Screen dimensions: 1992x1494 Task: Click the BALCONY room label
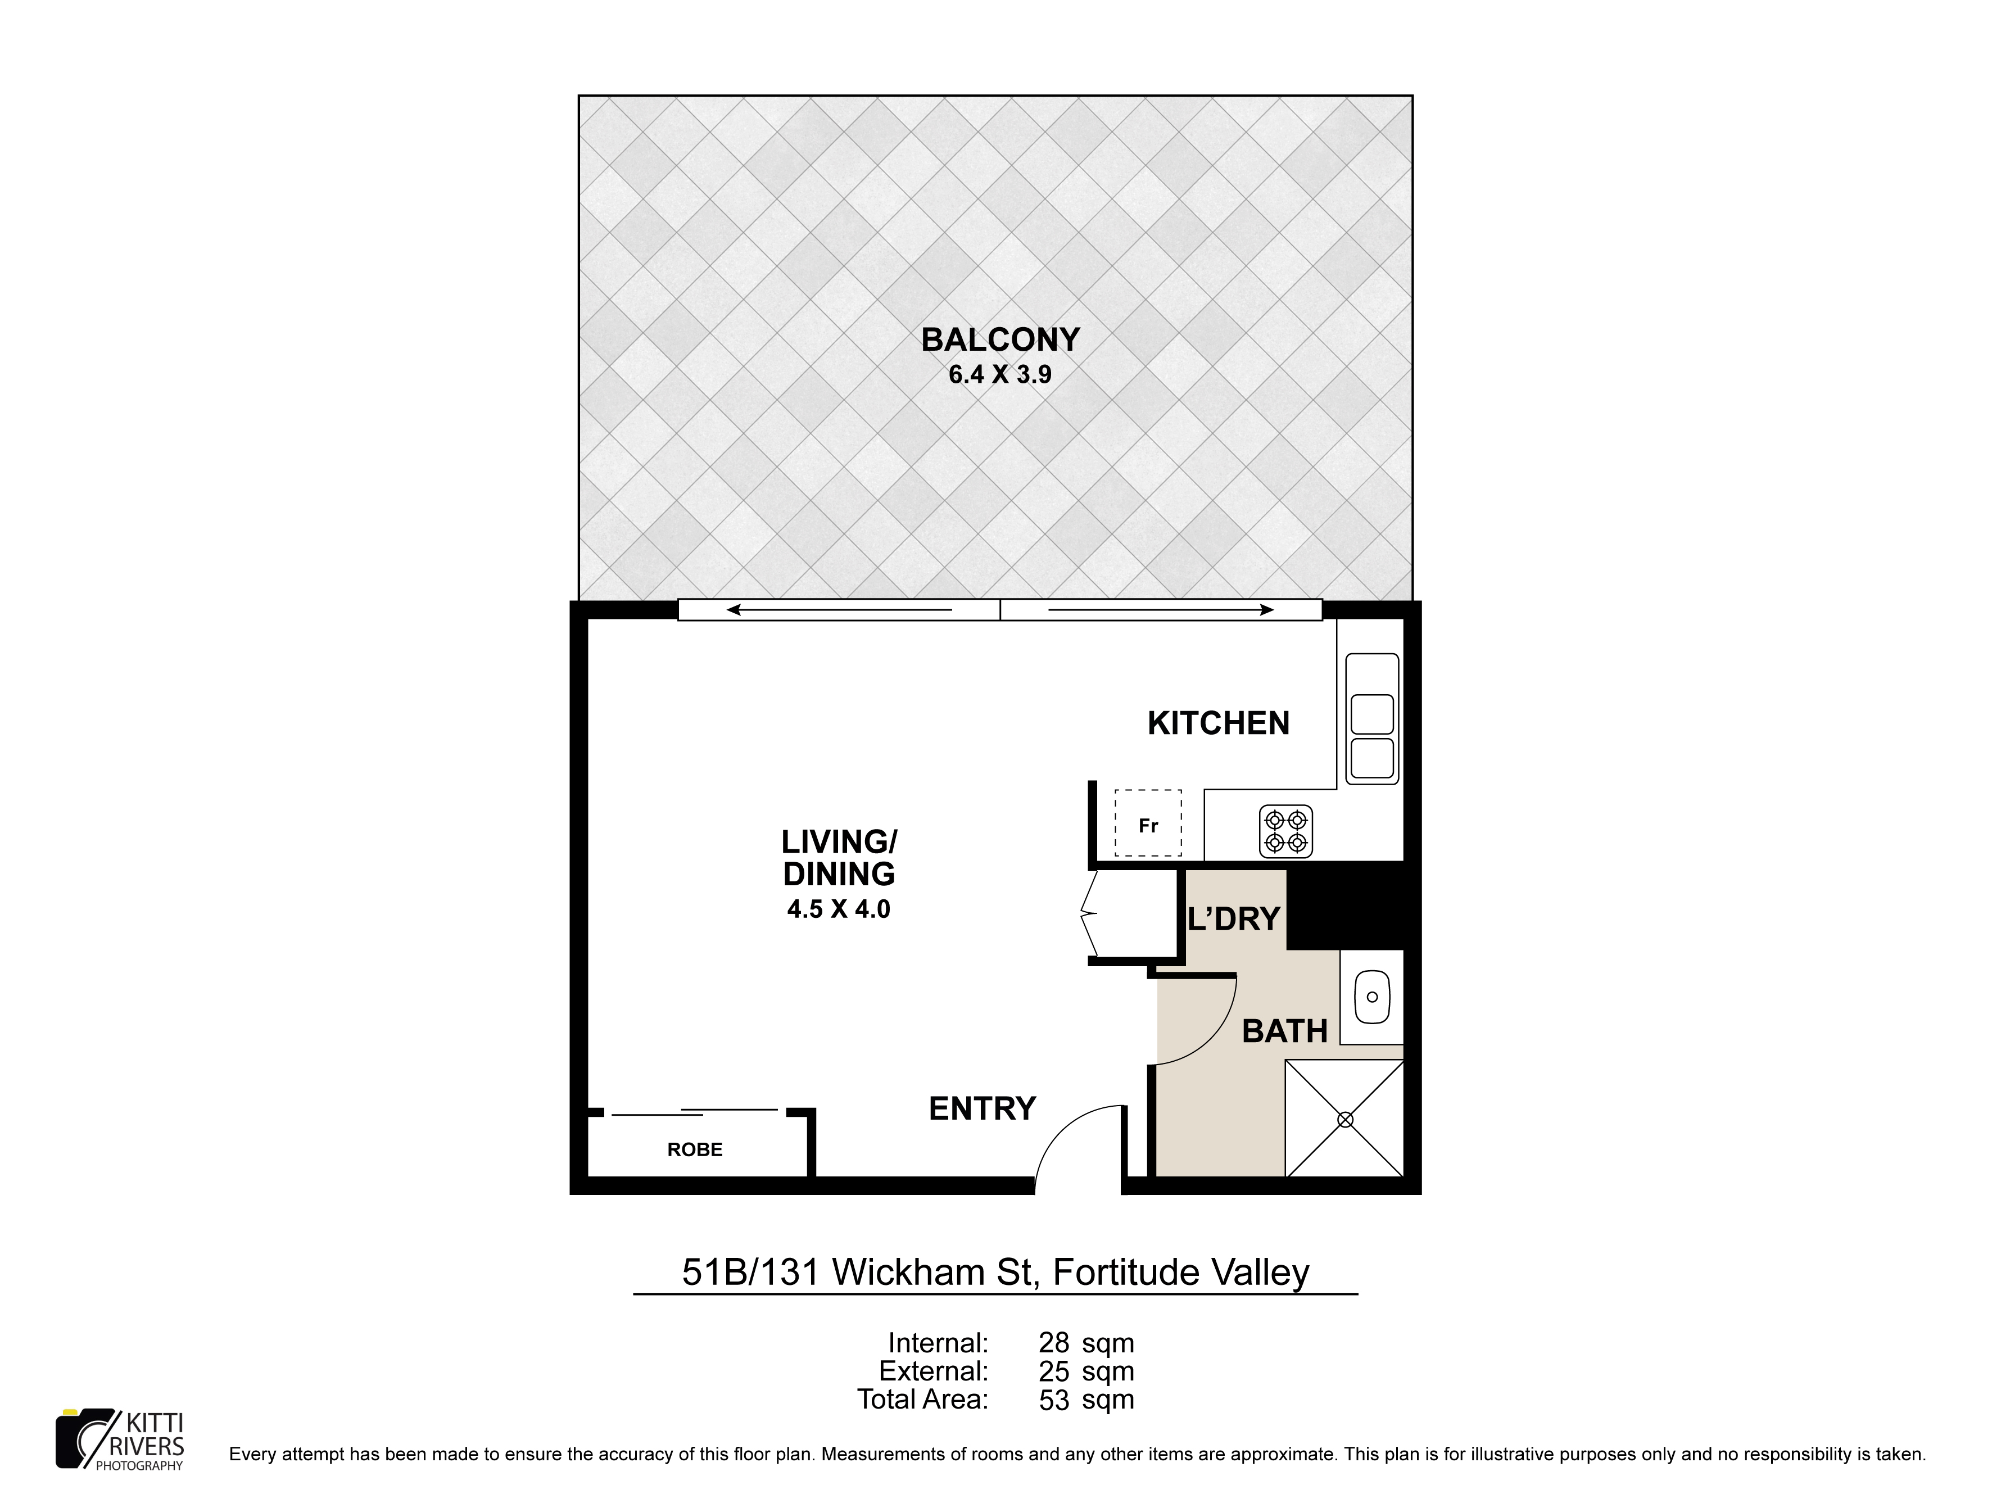tap(999, 339)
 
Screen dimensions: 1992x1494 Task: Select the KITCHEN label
tap(1219, 723)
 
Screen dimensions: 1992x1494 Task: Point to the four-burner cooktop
tap(1286, 830)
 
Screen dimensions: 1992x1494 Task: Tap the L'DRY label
tap(1234, 918)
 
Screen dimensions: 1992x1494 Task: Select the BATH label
tap(1285, 1031)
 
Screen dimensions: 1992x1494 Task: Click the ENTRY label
tap(983, 1108)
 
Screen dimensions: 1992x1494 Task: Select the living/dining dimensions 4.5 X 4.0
tap(839, 909)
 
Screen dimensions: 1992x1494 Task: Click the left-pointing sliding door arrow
tap(839, 610)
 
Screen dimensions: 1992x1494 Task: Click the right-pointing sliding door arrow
tap(1162, 610)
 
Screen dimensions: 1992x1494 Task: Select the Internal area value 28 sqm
tap(1086, 1343)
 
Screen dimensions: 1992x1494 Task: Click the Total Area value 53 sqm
tap(1086, 1400)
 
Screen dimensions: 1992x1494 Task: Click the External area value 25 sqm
tap(1086, 1371)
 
